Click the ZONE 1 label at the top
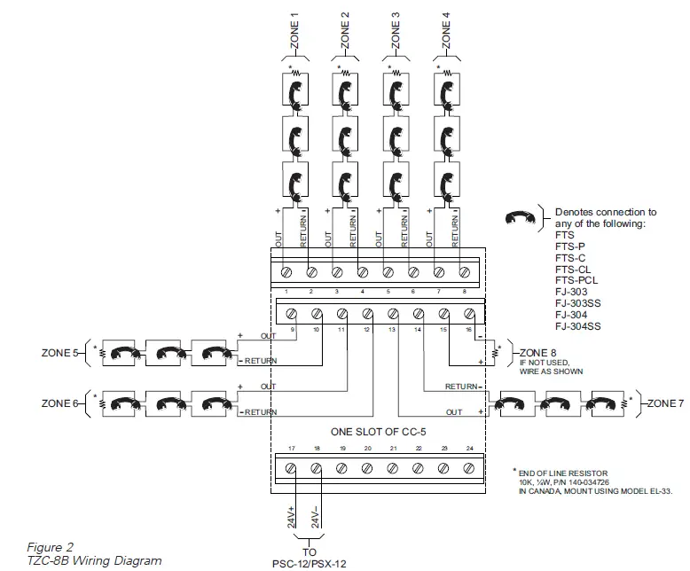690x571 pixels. (294, 30)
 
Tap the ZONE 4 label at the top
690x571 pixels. (446, 30)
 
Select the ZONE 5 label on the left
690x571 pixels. (61, 352)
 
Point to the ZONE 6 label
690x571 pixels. (61, 403)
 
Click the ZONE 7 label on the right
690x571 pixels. (665, 403)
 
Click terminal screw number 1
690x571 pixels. (286, 271)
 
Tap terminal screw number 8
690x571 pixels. (464, 271)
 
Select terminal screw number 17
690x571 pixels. (292, 468)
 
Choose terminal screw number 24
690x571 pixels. (469, 468)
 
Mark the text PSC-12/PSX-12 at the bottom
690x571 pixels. (310, 562)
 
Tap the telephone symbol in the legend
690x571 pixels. (523, 217)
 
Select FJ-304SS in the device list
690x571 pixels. (578, 326)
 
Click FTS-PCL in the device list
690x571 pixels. (576, 280)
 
